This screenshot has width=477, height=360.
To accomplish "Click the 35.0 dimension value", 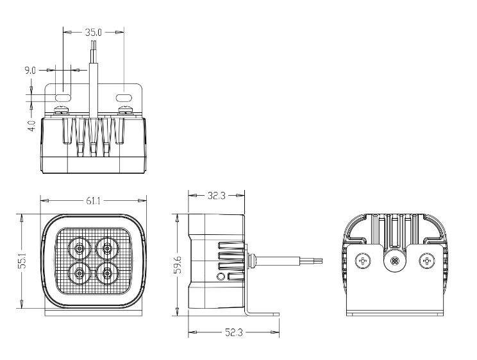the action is pos(93,32).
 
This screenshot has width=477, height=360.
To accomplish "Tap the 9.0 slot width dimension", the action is pos(30,71).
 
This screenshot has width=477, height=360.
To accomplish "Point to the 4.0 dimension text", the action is pos(31,126).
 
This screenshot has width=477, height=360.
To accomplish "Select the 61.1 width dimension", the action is pos(93,201).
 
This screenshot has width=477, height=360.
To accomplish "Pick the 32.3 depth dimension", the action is pos(216,196).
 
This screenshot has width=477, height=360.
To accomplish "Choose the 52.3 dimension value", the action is pos(233,332).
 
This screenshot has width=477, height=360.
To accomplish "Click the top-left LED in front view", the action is pos(79,248).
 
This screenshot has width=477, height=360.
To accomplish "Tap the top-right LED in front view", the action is pos(107,248).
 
